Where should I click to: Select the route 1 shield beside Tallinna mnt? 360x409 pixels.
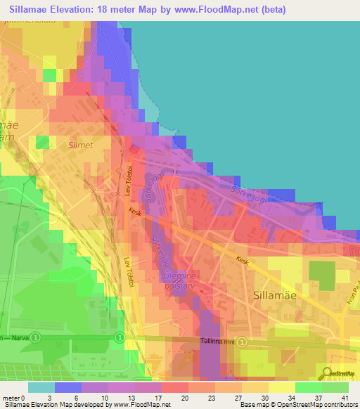click(242, 342)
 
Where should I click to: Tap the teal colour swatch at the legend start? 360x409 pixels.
click(41, 387)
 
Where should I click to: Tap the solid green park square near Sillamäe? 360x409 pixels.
click(323, 272)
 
